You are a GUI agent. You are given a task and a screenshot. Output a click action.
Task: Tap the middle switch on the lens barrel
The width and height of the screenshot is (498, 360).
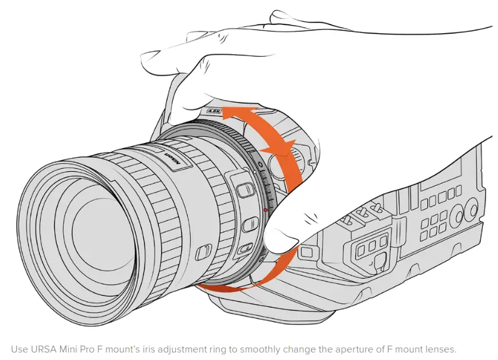tap(248, 222)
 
